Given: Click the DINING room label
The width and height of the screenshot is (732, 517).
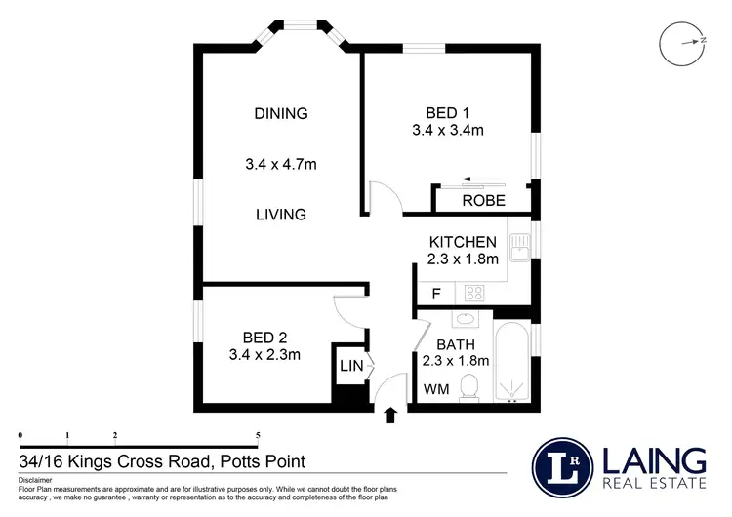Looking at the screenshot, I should point(281,113).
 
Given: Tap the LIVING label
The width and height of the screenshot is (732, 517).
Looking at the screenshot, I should point(281,214).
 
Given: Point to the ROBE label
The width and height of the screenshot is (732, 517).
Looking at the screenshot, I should point(483,201).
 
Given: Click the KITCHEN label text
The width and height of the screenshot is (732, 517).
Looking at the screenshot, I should point(464,242).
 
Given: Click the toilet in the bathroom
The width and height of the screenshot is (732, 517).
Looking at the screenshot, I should point(469,387).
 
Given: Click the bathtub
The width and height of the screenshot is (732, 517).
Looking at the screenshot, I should point(513,361).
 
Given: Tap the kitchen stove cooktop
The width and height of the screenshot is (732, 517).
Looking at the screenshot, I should point(475,291).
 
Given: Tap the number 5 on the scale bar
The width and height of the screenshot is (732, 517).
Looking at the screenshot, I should point(258,434).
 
